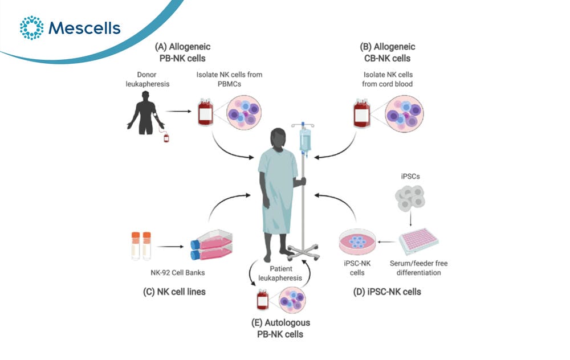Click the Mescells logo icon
click(x=31, y=27)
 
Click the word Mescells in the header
click(x=84, y=28)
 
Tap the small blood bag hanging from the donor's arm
click(x=166, y=137)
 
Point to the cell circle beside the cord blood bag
click(x=404, y=113)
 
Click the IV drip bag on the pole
click(x=304, y=140)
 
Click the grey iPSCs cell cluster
click(x=410, y=198)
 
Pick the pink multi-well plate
click(x=418, y=241)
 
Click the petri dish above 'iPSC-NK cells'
click(x=357, y=241)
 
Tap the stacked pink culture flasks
click(x=211, y=244)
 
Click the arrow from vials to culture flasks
click(x=170, y=247)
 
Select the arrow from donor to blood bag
click(x=178, y=111)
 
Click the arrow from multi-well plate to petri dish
click(x=387, y=242)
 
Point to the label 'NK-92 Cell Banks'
click(x=178, y=272)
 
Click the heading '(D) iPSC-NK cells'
click(x=387, y=292)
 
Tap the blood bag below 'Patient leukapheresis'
click(x=263, y=300)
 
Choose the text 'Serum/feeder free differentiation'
click(x=419, y=268)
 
